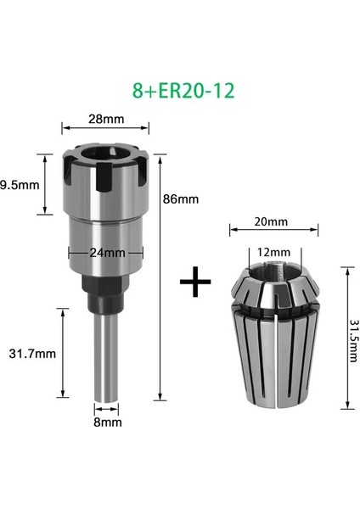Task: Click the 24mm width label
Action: click(x=107, y=252)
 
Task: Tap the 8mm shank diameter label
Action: click(x=108, y=421)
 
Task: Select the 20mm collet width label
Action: click(x=271, y=222)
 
